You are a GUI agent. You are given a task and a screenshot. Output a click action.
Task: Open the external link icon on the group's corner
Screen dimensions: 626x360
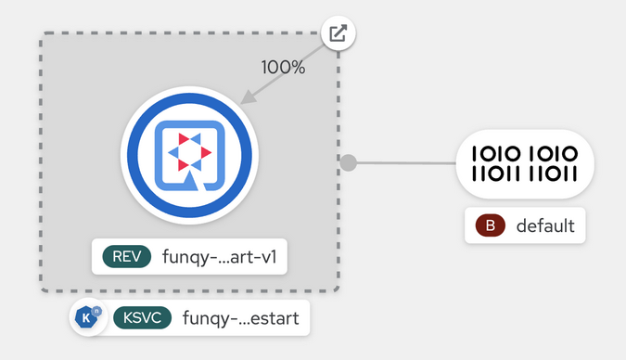click(339, 34)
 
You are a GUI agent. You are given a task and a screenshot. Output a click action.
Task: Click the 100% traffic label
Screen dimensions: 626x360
click(282, 68)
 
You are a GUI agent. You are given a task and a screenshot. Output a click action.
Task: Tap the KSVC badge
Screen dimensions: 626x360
click(142, 318)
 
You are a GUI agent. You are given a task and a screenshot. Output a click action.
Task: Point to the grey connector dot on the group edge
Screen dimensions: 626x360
click(349, 163)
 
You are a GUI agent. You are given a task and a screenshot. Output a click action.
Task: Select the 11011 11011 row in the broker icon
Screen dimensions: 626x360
click(525, 174)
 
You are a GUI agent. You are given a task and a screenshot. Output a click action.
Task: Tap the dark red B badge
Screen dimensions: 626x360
click(490, 225)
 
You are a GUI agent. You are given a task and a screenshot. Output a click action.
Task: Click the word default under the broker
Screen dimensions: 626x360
click(545, 225)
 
